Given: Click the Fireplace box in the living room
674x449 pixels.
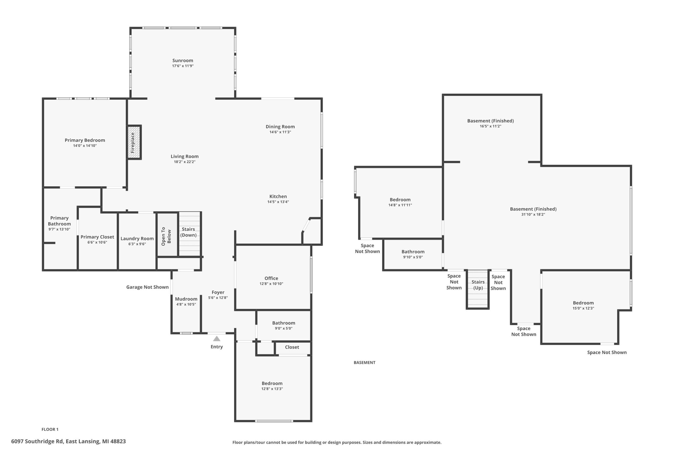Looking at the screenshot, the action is (134, 142).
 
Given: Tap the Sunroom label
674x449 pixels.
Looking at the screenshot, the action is (183, 60).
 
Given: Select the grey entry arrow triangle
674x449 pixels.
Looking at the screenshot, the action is (217, 339).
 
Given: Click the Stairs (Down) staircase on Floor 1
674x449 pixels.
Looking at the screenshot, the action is (189, 234).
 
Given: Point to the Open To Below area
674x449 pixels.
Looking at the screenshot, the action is (167, 235).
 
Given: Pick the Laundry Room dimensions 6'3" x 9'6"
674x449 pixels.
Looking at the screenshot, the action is (137, 244).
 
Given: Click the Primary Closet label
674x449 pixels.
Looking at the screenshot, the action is (97, 237).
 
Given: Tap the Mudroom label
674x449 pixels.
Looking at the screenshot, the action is (186, 299).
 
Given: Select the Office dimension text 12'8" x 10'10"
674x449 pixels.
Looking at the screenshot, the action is (271, 284).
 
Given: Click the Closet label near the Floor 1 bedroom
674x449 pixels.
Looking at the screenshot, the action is (292, 347).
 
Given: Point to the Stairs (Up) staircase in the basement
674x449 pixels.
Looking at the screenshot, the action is (478, 289).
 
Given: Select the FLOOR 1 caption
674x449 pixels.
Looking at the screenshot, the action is (50, 429).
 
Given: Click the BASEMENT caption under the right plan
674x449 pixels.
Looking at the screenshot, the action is (364, 362).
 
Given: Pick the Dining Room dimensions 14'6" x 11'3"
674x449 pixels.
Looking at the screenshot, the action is (280, 132).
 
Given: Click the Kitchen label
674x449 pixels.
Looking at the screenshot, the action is (278, 196).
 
